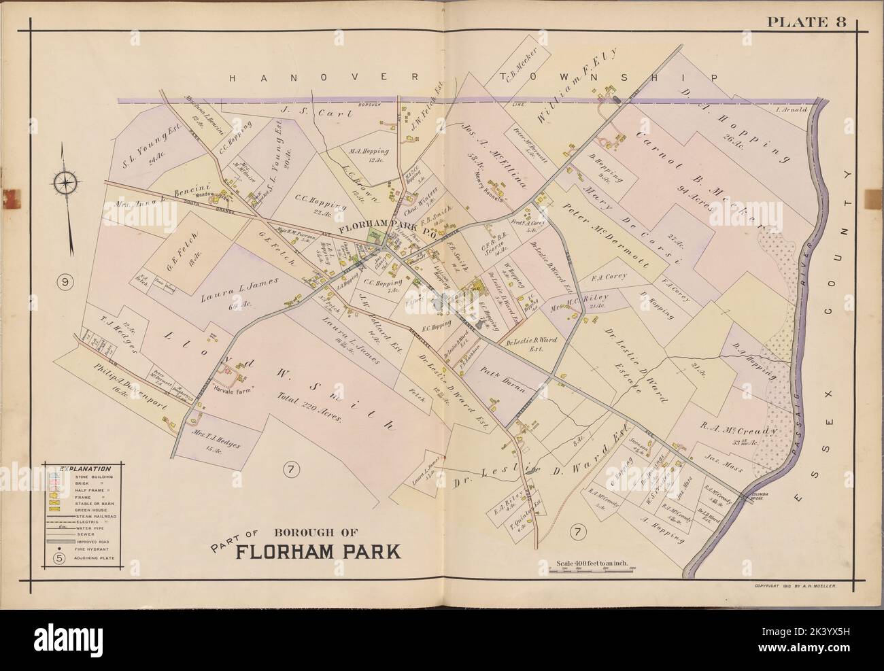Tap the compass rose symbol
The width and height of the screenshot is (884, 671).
(66, 182)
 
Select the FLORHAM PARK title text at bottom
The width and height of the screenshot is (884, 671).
(318, 549)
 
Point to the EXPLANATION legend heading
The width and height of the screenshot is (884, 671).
(84, 469)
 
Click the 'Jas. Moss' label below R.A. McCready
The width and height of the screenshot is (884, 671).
(723, 468)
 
